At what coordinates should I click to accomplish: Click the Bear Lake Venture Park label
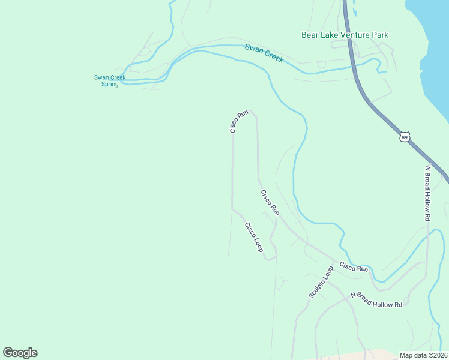[345, 35]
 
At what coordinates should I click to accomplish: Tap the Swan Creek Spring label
[110, 80]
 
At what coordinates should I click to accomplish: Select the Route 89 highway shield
[405, 137]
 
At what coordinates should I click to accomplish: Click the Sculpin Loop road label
[321, 282]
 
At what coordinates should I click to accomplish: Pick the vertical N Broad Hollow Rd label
[427, 193]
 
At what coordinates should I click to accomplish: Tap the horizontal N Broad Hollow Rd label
[376, 300]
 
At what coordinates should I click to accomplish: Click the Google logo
[20, 353]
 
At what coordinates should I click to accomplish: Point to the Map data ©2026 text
[423, 355]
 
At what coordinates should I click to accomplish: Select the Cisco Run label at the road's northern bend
[239, 121]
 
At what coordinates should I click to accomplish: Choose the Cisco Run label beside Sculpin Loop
[354, 266]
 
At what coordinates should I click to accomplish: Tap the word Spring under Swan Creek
[110, 84]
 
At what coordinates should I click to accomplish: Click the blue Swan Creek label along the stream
[264, 53]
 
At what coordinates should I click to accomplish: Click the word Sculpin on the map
[317, 288]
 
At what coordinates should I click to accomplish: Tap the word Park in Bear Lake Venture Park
[381, 35]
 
